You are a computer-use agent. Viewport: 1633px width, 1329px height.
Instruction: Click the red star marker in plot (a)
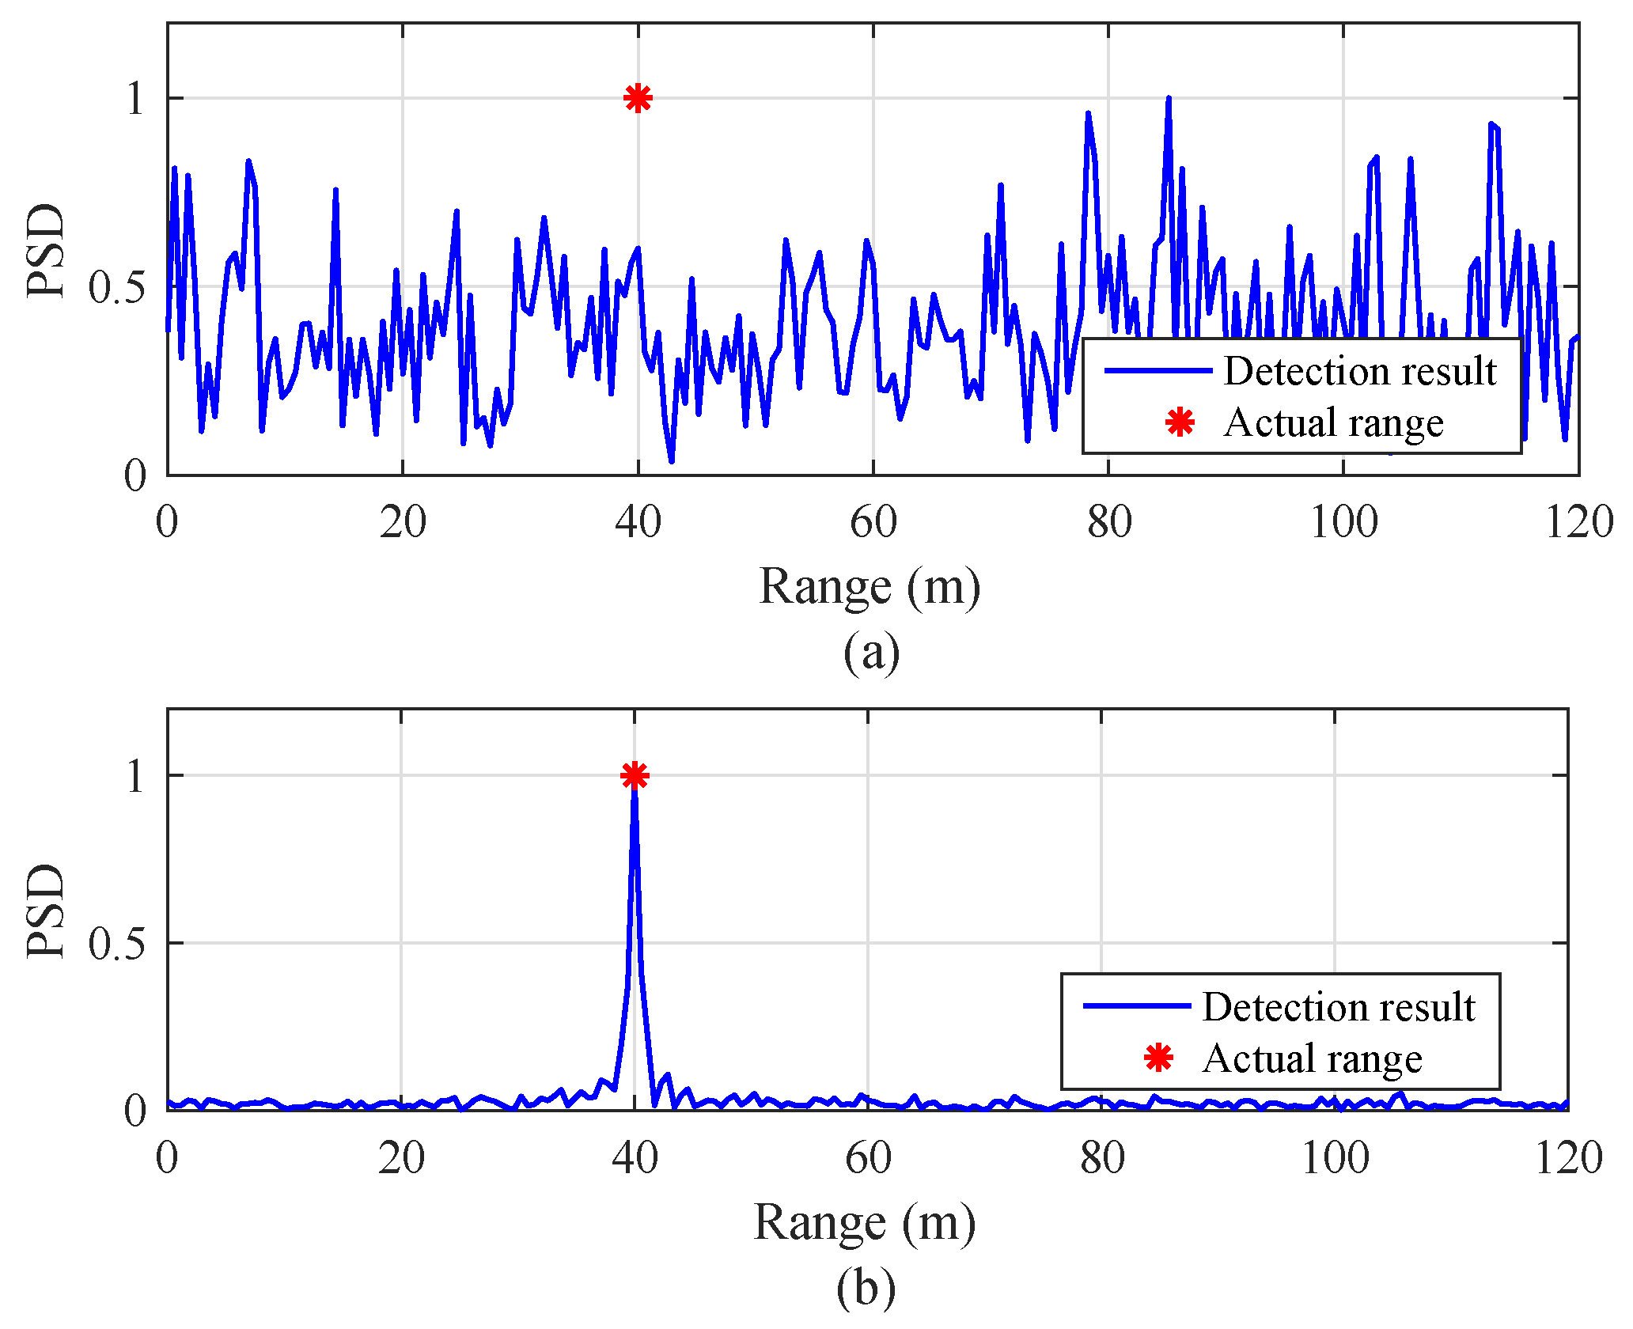point(638,98)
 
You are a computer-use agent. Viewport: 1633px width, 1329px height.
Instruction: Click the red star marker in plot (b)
point(635,775)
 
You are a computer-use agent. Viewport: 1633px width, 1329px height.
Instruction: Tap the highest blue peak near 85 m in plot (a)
point(1168,100)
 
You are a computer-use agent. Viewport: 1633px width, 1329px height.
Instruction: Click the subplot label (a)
point(871,653)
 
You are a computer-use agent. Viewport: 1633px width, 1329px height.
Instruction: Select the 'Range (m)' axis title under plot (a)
point(870,587)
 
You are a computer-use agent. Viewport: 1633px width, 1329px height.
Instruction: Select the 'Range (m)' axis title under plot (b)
point(864,1222)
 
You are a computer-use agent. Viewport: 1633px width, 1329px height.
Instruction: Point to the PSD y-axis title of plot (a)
point(45,252)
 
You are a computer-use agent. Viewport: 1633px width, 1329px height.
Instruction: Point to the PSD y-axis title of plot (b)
point(45,911)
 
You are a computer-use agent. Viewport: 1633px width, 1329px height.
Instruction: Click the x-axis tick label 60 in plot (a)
point(873,523)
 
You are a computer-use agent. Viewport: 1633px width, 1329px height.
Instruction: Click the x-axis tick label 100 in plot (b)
point(1335,1159)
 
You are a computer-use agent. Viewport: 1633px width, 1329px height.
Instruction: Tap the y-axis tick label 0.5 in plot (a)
point(117,287)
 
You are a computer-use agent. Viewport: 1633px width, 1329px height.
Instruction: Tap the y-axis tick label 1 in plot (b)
point(135,776)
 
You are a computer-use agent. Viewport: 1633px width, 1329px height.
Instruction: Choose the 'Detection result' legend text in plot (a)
point(1359,371)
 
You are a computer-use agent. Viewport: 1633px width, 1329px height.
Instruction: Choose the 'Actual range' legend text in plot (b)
point(1312,1058)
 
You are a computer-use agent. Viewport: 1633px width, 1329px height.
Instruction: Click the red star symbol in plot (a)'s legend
point(1180,422)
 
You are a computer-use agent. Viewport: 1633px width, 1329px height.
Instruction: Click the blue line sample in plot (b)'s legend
point(1136,1006)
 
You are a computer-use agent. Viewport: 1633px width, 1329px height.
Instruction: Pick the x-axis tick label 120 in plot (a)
point(1578,523)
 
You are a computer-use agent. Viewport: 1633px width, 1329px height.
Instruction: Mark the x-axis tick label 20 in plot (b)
point(401,1159)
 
